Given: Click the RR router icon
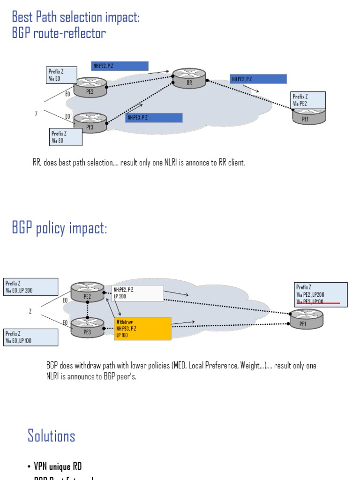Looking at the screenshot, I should (189, 78).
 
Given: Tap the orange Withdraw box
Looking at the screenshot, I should (142, 329).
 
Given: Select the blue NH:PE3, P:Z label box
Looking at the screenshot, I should (154, 118).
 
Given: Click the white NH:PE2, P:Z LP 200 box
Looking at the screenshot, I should (138, 293).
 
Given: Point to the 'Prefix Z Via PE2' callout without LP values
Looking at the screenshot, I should (308, 100).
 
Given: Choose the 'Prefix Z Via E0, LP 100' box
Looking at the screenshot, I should (31, 337).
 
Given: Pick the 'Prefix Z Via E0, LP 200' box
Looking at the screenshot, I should (31, 287).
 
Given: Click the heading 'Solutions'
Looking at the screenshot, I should (51, 435).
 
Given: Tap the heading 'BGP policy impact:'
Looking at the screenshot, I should (60, 228).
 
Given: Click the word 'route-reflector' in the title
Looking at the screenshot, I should (69, 33).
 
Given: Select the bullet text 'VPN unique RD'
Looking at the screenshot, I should (58, 466).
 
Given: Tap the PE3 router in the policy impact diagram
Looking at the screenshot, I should (87, 328).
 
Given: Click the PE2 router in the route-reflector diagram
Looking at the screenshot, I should (90, 87).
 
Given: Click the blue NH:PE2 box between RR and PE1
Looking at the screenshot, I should (258, 79).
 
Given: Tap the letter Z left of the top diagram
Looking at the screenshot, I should (36, 113).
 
